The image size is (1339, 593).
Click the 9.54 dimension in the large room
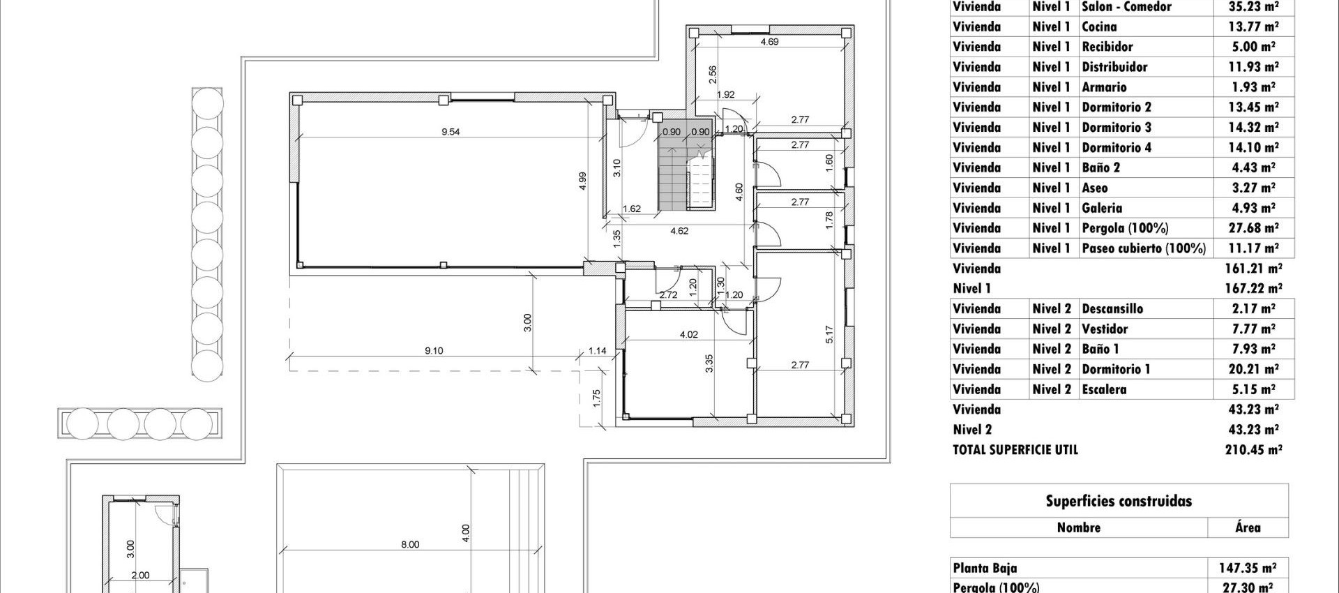[451, 132]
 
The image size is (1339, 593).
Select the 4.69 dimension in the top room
[769, 42]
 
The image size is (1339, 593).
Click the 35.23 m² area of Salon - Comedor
[1253, 7]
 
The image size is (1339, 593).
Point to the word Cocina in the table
[1099, 27]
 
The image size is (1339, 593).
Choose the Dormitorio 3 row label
[1116, 128]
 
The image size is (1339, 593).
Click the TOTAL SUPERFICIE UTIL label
[1015, 450]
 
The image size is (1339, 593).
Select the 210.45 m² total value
[1253, 450]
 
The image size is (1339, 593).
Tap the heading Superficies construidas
[1118, 501]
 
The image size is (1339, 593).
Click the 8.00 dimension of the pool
[410, 545]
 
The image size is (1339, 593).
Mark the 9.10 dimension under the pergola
[434, 351]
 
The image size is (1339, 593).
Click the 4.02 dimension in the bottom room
[688, 335]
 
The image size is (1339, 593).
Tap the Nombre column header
[1078, 527]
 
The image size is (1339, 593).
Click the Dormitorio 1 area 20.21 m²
[1253, 369]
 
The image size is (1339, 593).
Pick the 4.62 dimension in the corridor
[679, 231]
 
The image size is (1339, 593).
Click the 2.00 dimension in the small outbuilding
[140, 576]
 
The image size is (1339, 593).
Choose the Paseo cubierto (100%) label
[1143, 248]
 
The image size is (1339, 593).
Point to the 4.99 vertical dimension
[582, 181]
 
